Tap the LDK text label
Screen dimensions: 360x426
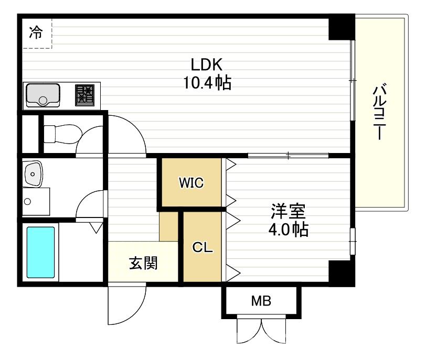coord(207,64)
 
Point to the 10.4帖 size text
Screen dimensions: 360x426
coord(207,83)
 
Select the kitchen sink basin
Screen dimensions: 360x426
coord(42,95)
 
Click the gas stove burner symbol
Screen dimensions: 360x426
coord(84,95)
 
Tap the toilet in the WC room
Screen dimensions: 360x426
coord(60,133)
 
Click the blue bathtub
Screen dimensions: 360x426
coord(40,252)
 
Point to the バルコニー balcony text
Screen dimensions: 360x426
coord(379,113)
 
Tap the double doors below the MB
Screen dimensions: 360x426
coord(261,331)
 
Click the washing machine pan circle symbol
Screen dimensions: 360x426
coord(28,201)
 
